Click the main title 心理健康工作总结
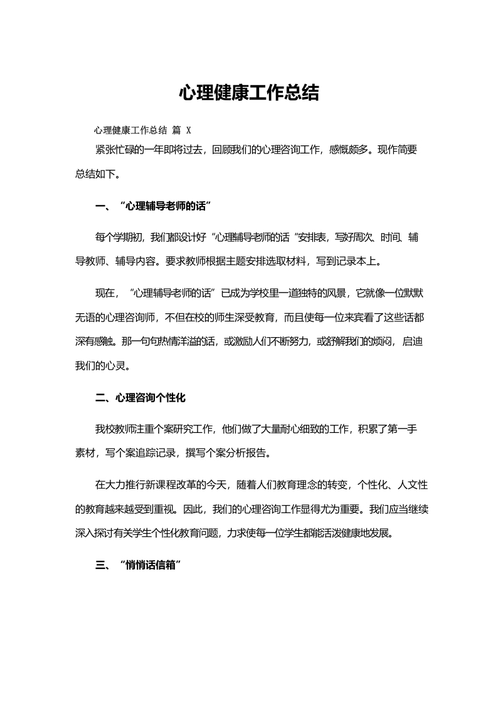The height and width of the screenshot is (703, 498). click(x=249, y=93)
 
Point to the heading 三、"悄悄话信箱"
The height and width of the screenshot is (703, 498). click(x=139, y=565)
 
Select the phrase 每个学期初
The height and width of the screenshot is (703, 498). click(x=120, y=237)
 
